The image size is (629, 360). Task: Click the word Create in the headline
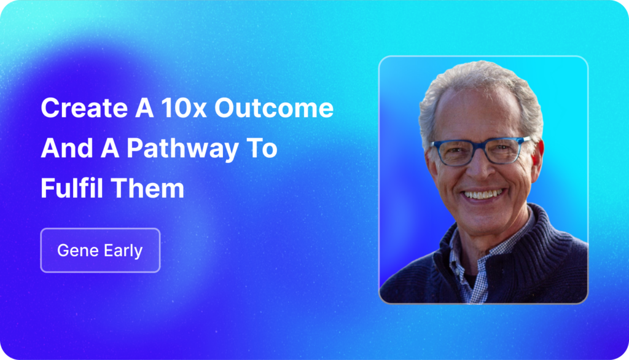(x=84, y=108)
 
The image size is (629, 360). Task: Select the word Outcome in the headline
(x=274, y=108)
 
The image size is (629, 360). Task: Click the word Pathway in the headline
(x=182, y=149)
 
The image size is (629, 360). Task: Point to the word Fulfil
(x=72, y=188)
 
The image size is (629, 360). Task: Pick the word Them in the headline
(x=147, y=188)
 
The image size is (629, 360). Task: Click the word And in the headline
(x=66, y=148)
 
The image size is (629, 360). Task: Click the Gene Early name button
(x=100, y=251)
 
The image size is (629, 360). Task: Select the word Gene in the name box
(x=78, y=251)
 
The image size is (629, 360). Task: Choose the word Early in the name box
(x=123, y=251)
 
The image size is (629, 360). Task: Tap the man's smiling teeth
(x=483, y=195)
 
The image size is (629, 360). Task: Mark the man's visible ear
(x=537, y=160)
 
